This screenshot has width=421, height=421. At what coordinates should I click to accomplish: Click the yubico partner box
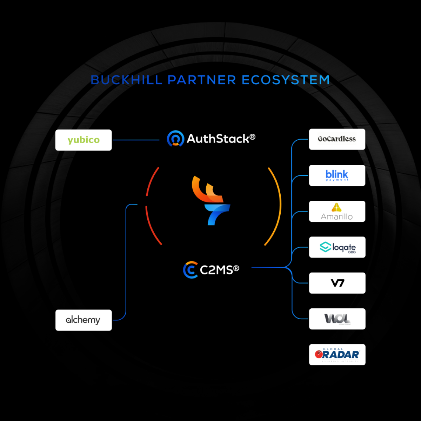pos(83,140)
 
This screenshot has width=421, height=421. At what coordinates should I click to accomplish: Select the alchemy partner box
pos(83,320)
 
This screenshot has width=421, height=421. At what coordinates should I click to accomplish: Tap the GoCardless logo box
pos(337,139)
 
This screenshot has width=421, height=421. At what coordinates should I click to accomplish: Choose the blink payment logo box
pos(337,175)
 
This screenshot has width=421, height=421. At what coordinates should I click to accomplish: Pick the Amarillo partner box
pos(337,211)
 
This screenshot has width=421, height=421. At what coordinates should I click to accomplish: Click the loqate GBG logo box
pos(337,247)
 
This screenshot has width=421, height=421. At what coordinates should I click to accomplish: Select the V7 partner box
pos(337,283)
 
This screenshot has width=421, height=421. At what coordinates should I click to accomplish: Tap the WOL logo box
pos(337,319)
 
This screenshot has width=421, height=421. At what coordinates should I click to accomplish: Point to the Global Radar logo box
pos(337,355)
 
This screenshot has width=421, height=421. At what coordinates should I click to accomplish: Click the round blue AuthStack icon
pos(175,139)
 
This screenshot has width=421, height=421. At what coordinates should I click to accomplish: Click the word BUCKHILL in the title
pos(126,80)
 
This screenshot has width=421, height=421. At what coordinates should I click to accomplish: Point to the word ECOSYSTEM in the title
pos(286,80)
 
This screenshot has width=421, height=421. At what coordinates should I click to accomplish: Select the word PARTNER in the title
pos(202,80)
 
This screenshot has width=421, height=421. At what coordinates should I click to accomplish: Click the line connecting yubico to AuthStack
pos(136,140)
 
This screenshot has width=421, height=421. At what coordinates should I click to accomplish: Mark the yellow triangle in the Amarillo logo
pos(336,207)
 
